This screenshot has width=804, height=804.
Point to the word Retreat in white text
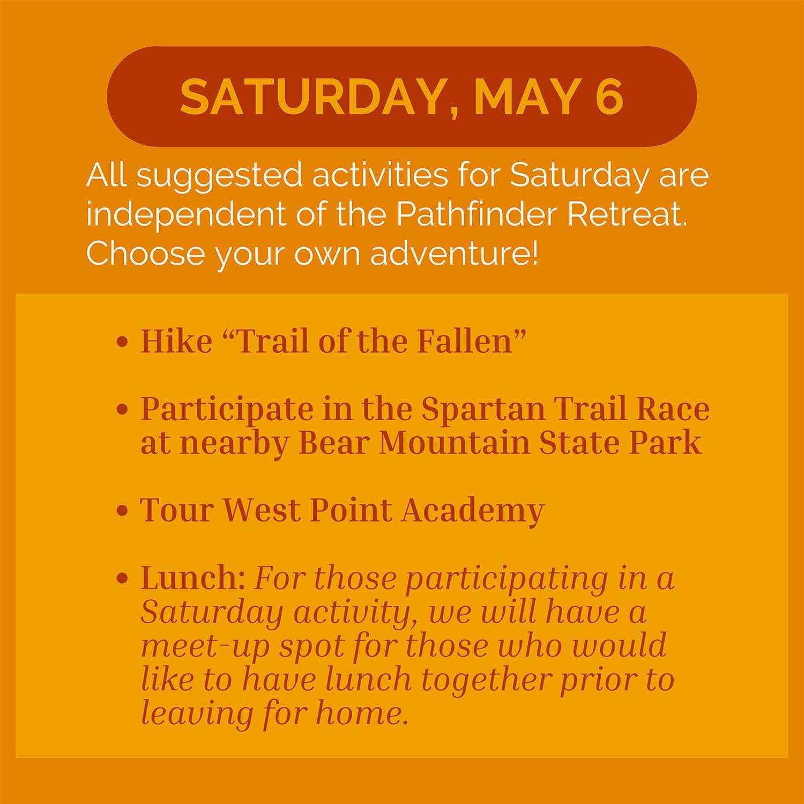[x=627, y=214]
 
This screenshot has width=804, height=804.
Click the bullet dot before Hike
[x=123, y=341]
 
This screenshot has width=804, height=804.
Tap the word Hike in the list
[x=176, y=341]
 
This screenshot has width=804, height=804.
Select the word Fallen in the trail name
[x=471, y=341]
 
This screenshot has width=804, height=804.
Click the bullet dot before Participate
[x=123, y=410]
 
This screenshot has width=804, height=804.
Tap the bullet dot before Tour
[x=123, y=510]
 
